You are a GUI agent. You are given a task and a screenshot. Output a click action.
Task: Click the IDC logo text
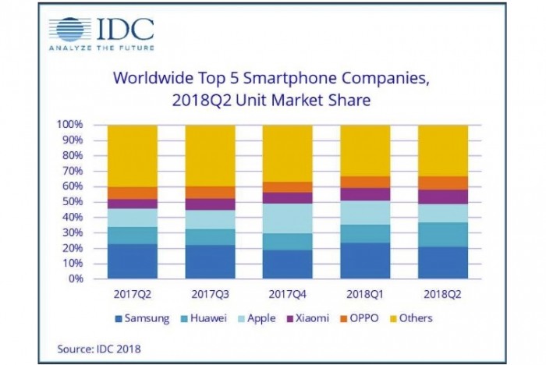pos(126,29)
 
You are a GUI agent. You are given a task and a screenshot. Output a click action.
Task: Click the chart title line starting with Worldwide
pos(271,78)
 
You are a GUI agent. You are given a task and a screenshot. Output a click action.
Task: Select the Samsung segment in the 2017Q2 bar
pos(133,260)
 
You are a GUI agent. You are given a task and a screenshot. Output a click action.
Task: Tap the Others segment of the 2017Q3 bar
pos(210,155)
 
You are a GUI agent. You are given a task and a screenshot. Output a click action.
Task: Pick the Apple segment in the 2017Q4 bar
pos(287,218)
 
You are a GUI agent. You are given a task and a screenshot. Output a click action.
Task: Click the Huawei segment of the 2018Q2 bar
pos(442,234)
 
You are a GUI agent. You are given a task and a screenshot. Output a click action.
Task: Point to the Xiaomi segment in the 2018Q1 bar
pos(365,194)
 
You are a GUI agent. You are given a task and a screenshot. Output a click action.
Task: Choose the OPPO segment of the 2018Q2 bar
pos(442,182)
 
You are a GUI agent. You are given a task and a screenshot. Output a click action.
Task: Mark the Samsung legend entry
pos(144,318)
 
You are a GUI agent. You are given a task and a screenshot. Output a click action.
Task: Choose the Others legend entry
pos(409,318)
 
